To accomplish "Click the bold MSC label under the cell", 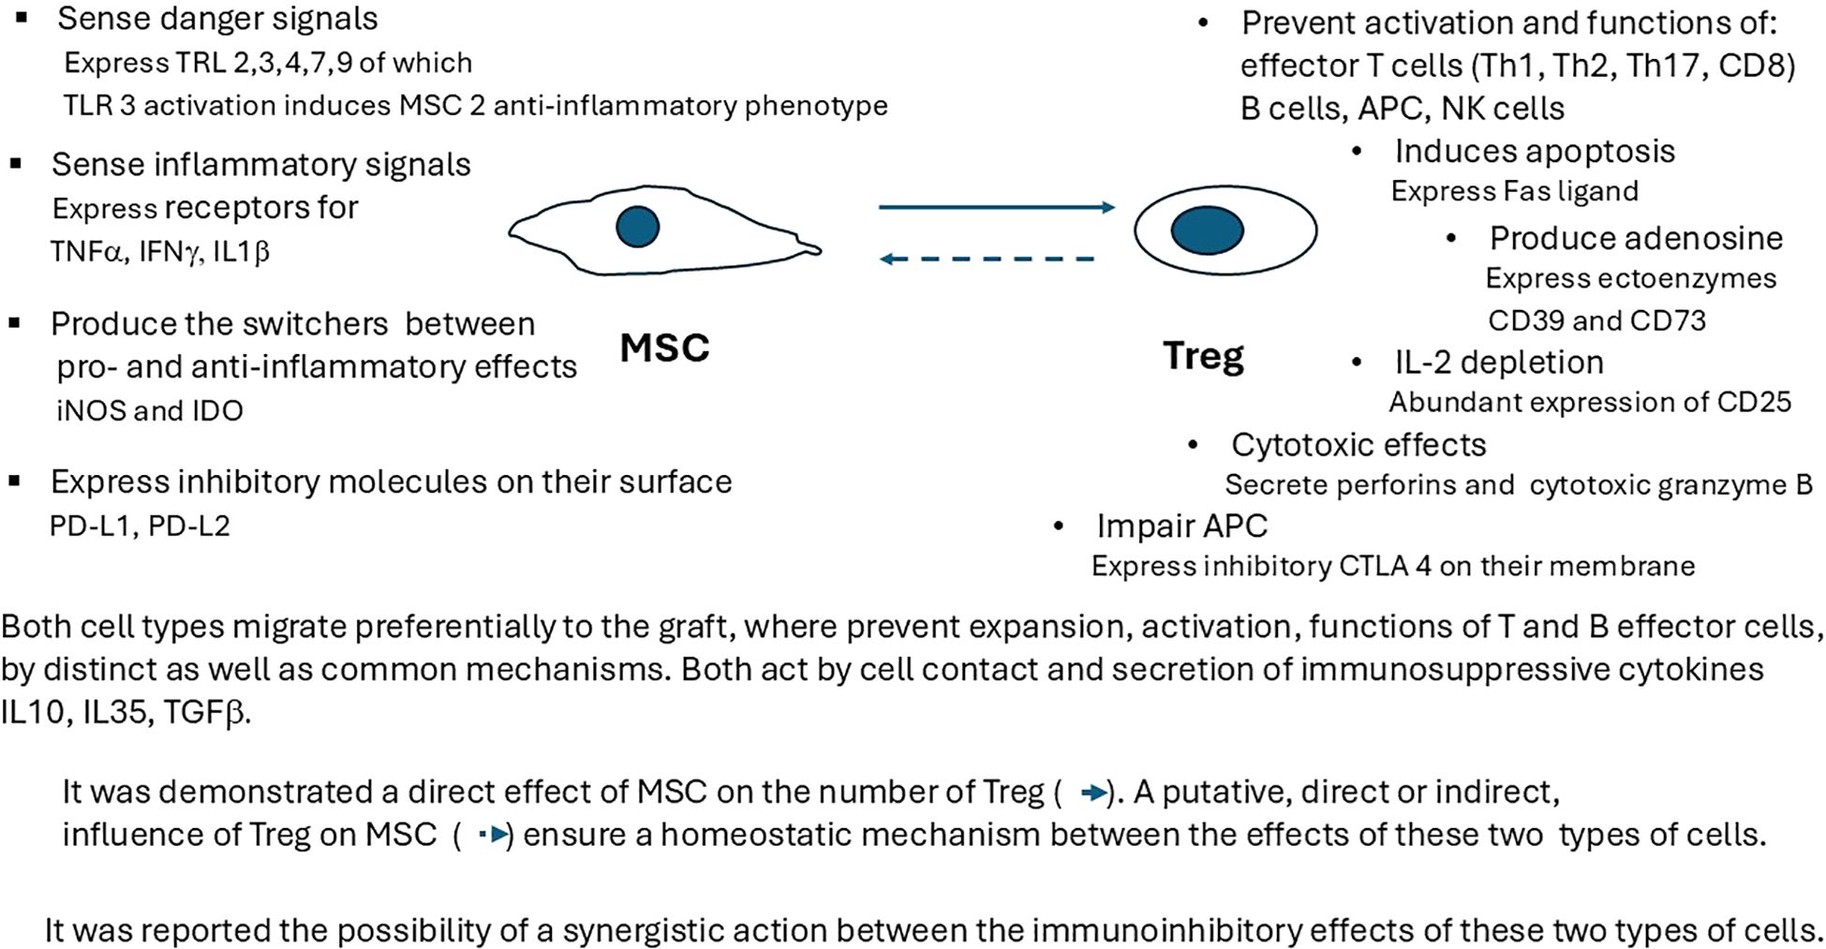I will click(x=664, y=348).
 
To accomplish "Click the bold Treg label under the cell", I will click(x=1203, y=355).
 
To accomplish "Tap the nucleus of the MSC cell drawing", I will click(x=637, y=227).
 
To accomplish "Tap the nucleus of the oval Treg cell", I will click(x=1207, y=230).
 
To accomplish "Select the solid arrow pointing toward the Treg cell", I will click(x=996, y=207).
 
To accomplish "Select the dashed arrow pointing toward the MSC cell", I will click(x=988, y=259).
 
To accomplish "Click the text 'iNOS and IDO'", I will click(x=150, y=410).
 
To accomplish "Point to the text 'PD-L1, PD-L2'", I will click(x=140, y=526).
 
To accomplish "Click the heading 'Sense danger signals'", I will click(x=217, y=18).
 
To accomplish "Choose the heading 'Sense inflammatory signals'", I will click(x=261, y=164).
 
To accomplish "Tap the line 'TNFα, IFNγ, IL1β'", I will click(x=160, y=251).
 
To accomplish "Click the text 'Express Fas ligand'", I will click(x=1514, y=191).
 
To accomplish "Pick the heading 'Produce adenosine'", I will click(x=1636, y=238).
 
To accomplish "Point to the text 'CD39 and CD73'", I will click(x=1596, y=320).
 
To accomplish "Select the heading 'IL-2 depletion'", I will click(x=1499, y=362).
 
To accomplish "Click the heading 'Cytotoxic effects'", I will click(x=1358, y=444).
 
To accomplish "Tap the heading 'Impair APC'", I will click(x=1181, y=526).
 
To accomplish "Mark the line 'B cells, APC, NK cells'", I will click(x=1403, y=109).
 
